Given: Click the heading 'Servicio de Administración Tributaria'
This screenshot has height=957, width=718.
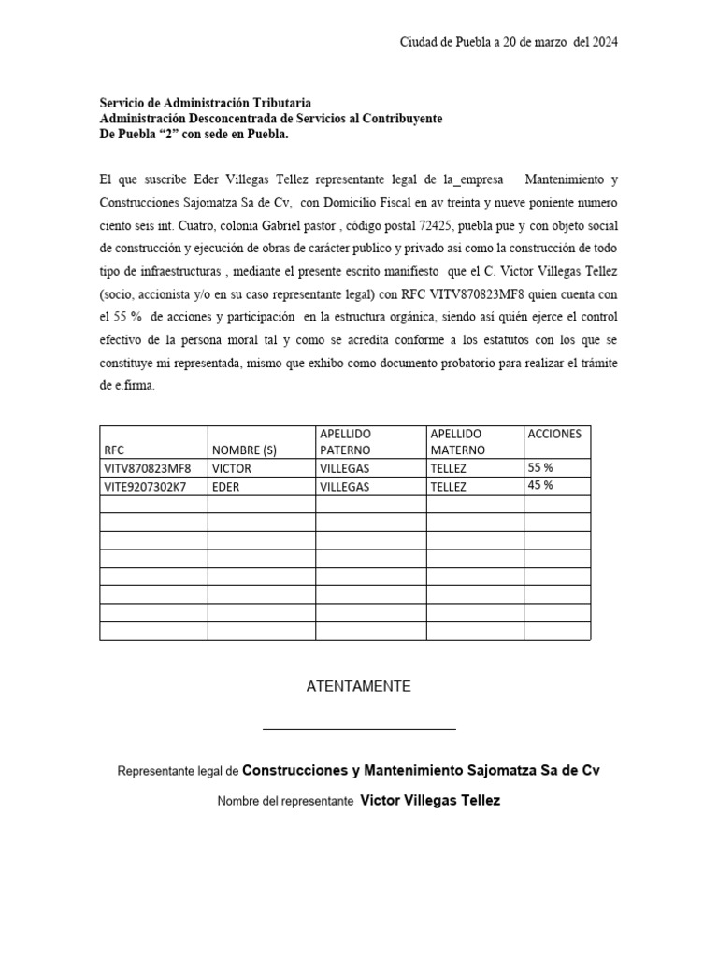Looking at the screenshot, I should [206, 104].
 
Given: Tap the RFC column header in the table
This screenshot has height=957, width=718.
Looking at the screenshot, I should [114, 450].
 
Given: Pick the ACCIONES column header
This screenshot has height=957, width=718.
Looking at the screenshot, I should [554, 434].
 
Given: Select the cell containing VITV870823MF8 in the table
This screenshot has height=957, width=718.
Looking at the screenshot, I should [148, 468].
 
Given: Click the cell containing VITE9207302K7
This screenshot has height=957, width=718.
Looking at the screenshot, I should [148, 487].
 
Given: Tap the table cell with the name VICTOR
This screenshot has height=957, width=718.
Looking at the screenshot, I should [233, 468].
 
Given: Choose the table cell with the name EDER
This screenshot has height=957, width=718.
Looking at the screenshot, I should [227, 487].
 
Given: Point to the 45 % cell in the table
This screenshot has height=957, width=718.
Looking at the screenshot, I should [540, 485].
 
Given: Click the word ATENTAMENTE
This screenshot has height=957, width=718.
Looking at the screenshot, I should [359, 686].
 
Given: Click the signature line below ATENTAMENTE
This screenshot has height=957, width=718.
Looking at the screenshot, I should [359, 728].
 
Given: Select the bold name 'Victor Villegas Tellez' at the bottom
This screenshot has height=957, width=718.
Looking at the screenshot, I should [430, 801].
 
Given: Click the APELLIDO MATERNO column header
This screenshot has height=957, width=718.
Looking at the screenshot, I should [458, 442].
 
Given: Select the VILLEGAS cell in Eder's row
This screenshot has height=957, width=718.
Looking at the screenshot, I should [344, 487].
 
